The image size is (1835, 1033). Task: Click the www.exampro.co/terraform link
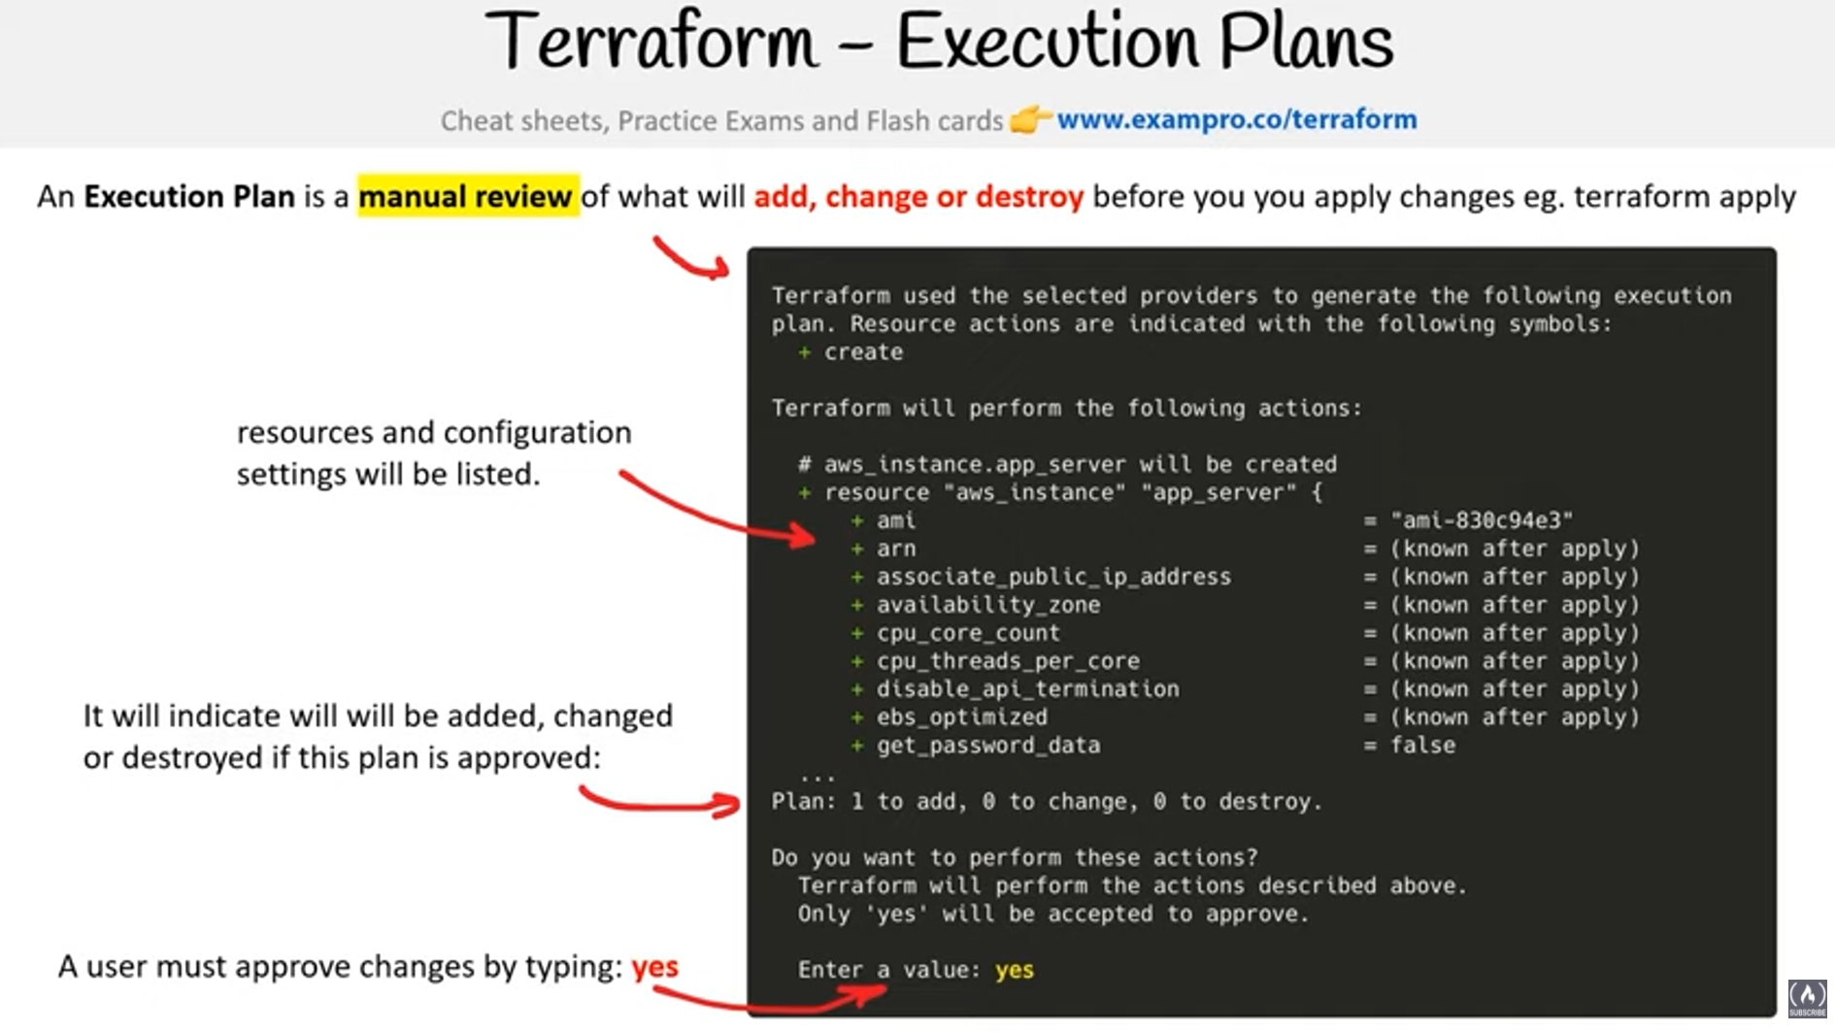point(1236,119)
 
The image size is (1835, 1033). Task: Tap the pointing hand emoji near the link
point(1030,119)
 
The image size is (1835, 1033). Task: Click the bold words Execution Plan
point(189,196)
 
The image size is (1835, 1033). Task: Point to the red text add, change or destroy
point(918,196)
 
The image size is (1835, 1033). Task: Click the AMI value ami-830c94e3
point(1482,520)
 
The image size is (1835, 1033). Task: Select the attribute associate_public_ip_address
point(1053,577)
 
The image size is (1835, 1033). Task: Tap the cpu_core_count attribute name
point(968,633)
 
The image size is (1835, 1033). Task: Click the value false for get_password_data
point(1422,745)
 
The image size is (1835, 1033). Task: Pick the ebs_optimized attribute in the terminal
point(962,716)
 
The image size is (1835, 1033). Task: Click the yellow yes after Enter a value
point(1015,970)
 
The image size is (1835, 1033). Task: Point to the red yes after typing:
point(655,967)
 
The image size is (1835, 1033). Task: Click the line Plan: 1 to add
point(1047,801)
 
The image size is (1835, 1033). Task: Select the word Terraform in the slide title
point(651,42)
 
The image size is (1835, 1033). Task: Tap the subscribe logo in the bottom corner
point(1807,998)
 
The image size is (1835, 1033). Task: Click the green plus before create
point(804,352)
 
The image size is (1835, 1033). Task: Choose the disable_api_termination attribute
point(1027,688)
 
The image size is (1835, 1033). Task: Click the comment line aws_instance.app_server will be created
point(1067,464)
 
